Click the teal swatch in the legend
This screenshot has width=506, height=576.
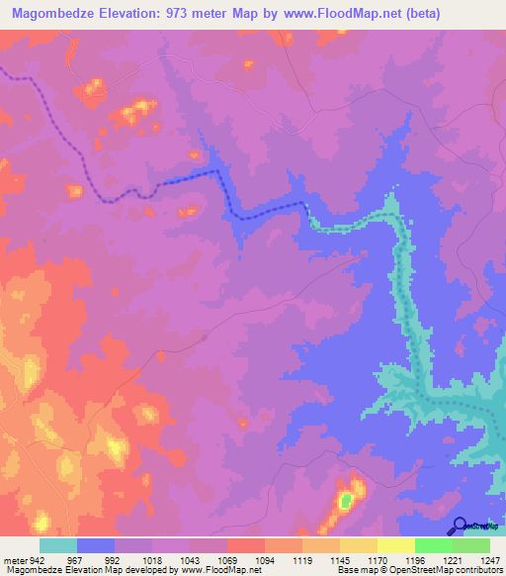point(58,545)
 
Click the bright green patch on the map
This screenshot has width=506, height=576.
point(346,501)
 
